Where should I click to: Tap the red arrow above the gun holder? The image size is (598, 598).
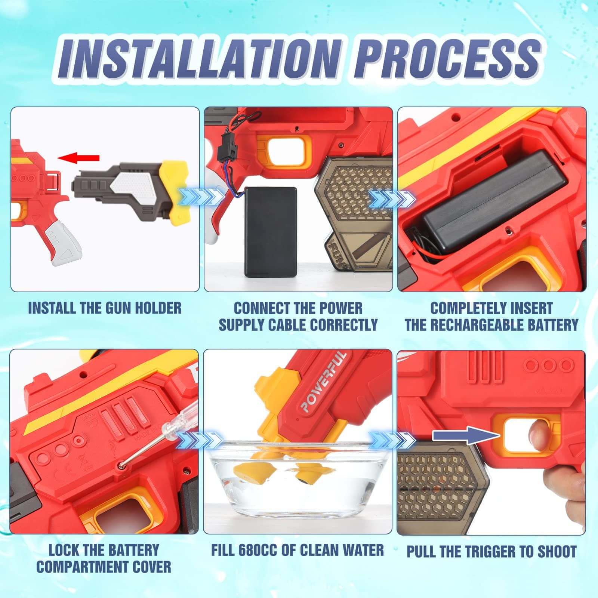(x=79, y=158)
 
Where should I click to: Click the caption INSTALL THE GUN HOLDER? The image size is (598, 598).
(x=105, y=308)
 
